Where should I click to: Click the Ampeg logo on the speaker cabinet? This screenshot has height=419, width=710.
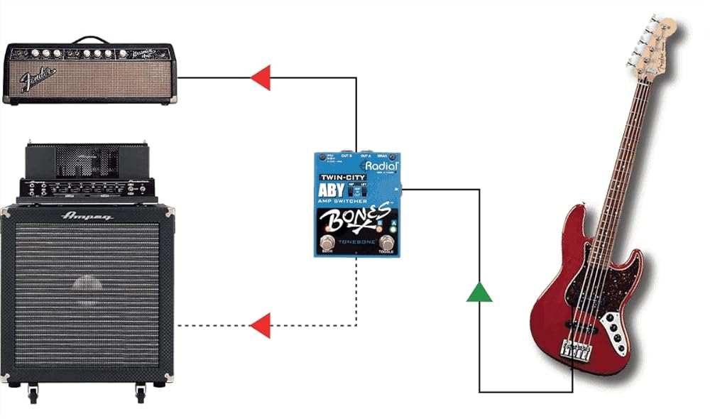point(87,214)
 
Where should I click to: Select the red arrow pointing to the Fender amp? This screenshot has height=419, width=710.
point(261,77)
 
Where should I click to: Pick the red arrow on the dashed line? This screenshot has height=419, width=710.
point(261,325)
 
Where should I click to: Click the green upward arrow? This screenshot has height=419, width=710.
point(479,291)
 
